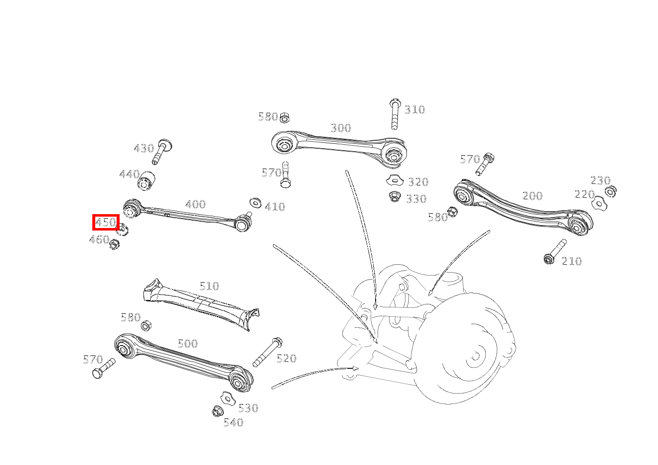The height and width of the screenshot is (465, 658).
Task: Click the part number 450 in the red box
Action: pos(106,222)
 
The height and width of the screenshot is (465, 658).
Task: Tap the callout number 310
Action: pos(415,110)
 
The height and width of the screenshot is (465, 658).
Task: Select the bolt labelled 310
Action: pos(395,114)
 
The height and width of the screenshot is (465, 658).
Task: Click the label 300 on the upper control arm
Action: pos(341,128)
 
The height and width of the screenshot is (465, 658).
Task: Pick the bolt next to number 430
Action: pos(162,151)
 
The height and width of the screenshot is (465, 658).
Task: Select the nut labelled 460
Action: pos(115,244)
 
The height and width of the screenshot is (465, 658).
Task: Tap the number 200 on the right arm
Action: pos(532,196)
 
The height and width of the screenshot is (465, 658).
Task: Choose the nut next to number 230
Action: pos(611,191)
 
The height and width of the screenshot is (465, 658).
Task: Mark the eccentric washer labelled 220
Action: pos(598,203)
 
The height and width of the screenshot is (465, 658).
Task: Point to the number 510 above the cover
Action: pos(209,286)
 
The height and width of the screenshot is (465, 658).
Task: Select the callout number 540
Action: pos(233,422)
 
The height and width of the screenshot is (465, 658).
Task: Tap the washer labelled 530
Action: pos(227,397)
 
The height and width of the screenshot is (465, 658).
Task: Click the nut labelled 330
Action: pos(395,197)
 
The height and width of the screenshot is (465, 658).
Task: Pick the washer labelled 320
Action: pos(394,180)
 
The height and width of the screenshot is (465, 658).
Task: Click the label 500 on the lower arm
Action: pos(188,344)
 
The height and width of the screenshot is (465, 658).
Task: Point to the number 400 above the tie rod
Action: pos(195,204)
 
